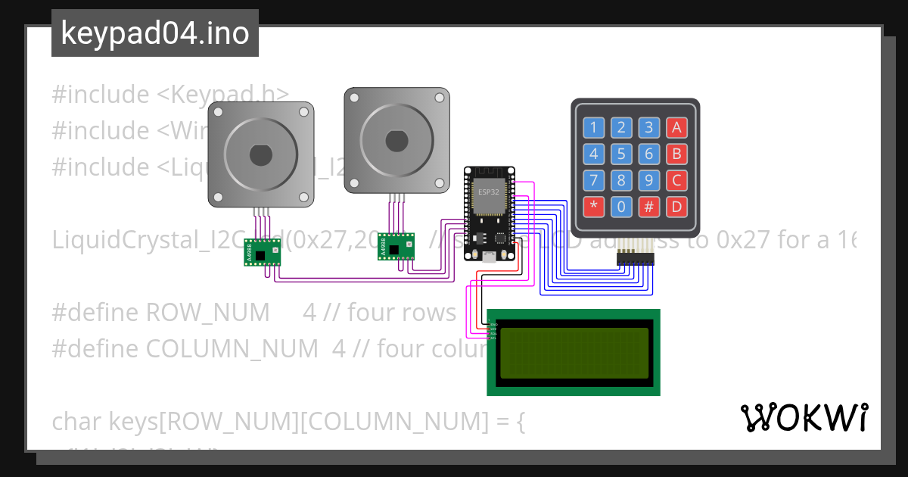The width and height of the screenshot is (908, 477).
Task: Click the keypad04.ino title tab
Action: click(155, 33)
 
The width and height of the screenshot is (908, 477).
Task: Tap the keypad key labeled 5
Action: click(621, 155)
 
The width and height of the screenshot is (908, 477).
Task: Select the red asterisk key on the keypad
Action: click(593, 206)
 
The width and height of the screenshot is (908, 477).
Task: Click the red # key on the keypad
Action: click(649, 206)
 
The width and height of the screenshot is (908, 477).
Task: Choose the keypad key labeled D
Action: click(677, 206)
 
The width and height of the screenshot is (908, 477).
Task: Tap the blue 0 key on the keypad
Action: click(621, 206)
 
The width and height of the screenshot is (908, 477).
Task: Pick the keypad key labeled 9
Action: click(649, 181)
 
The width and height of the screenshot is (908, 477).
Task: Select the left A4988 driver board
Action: click(262, 252)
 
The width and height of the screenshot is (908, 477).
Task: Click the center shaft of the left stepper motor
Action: click(261, 154)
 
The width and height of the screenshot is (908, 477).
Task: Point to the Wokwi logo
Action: click(804, 417)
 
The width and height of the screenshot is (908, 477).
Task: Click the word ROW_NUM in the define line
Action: click(207, 313)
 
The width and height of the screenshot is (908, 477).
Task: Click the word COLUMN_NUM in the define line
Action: click(232, 349)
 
